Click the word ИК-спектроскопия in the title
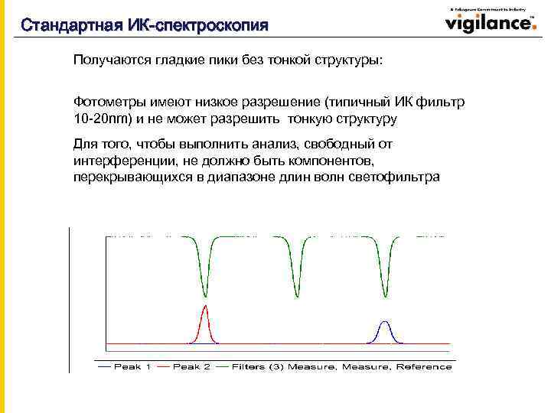[211, 25]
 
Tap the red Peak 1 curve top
[205, 306]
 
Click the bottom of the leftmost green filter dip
[205, 296]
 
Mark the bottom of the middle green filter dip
[297, 296]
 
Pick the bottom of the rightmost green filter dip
[386, 296]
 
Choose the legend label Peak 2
[191, 367]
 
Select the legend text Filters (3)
[258, 367]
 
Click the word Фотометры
[106, 102]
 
